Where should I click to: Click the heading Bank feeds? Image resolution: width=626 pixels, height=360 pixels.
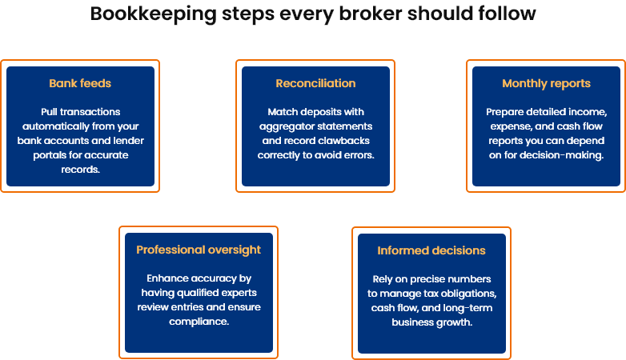tap(79, 83)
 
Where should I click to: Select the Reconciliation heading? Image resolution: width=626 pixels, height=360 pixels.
tap(315, 83)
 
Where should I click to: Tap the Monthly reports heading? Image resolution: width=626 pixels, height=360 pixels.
tap(546, 83)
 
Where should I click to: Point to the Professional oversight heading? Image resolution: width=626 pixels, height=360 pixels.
tap(199, 250)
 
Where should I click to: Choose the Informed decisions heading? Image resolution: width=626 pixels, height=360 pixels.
tap(431, 250)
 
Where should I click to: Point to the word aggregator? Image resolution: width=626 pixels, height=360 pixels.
tap(286, 126)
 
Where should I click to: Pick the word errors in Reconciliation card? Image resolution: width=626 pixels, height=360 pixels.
tap(357, 155)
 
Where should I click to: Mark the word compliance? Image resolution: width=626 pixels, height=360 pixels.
tap(199, 322)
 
